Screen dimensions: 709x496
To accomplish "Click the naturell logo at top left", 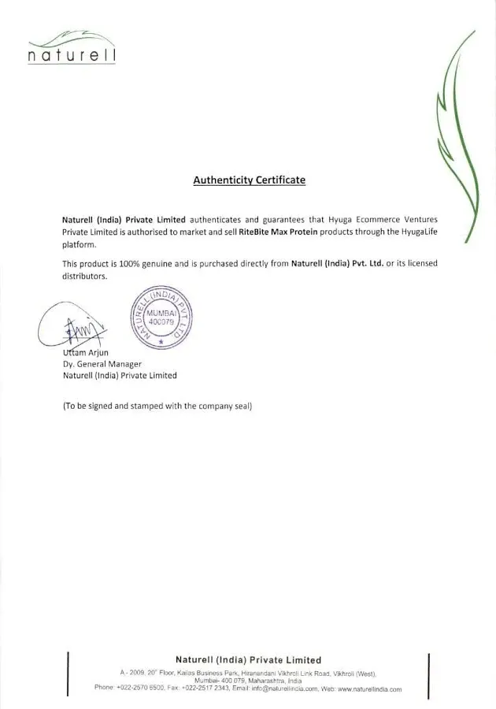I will (71, 49).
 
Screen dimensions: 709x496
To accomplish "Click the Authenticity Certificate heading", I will (249, 180).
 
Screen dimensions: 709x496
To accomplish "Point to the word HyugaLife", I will (411, 232).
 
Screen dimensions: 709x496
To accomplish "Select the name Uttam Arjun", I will (86, 352).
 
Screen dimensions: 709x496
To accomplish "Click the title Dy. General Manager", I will (102, 364).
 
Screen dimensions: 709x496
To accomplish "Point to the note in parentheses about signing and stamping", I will (157, 406).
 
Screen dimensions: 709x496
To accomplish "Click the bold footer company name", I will (248, 659).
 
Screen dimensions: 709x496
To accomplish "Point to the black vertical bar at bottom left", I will (68, 674).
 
